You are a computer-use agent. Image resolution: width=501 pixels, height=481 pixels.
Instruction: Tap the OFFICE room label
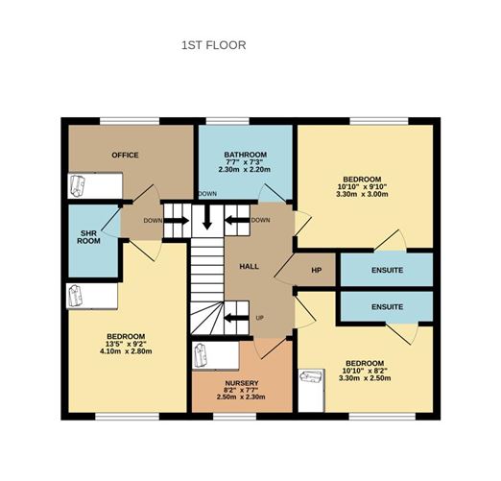(126, 155)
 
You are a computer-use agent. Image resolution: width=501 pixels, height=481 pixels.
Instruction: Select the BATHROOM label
(245, 154)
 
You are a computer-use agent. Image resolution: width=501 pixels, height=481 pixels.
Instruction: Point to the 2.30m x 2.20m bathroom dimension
(245, 170)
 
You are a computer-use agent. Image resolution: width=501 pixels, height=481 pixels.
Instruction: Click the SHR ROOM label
(89, 236)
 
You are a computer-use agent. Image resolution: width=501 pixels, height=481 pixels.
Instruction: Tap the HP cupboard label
(316, 271)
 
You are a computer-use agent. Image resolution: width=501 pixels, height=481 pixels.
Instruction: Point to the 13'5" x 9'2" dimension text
(125, 343)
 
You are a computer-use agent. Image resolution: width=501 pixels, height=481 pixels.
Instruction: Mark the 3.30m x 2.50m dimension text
(366, 378)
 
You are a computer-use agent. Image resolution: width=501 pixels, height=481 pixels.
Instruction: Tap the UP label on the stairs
(259, 318)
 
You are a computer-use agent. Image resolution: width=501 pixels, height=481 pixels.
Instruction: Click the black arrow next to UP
(235, 318)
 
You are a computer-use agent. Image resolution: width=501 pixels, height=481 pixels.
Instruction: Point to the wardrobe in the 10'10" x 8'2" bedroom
(310, 392)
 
